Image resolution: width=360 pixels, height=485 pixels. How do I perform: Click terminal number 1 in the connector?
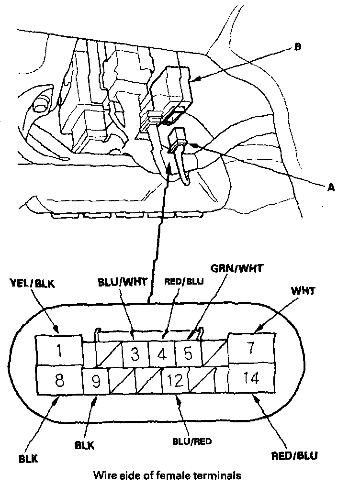pyautogui.click(x=58, y=352)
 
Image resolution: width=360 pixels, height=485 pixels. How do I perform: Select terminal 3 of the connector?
pyautogui.click(x=135, y=354)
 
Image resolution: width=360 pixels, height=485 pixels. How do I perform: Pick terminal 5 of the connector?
pyautogui.click(x=188, y=354)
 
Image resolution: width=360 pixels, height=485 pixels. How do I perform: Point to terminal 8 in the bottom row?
pyautogui.click(x=58, y=381)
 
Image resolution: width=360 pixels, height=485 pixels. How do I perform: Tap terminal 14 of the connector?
pyautogui.click(x=252, y=379)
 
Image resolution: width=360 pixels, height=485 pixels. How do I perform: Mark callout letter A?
pyautogui.click(x=330, y=188)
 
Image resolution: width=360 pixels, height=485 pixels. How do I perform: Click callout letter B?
pyautogui.click(x=297, y=47)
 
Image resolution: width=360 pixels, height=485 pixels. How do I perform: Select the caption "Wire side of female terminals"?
pyautogui.click(x=167, y=475)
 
